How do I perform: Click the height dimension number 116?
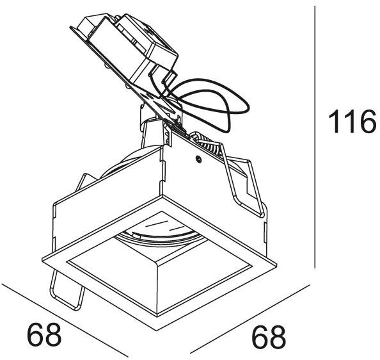[351, 122]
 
